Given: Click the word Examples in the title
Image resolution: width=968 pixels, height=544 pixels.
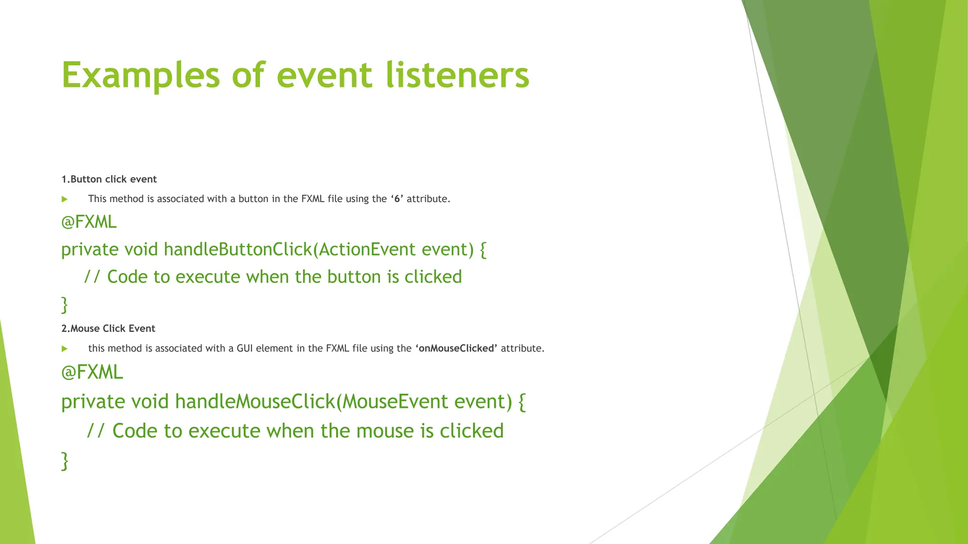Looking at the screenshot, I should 140,76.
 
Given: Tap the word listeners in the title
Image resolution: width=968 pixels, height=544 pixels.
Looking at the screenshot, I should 457,76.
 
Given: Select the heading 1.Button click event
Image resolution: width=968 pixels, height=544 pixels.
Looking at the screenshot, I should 109,179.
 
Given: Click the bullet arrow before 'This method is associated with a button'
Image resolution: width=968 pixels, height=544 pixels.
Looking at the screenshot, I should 65,199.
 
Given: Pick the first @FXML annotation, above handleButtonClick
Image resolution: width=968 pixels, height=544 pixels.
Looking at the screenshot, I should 89,222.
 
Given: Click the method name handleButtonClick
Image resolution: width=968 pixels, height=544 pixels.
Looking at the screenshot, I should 238,249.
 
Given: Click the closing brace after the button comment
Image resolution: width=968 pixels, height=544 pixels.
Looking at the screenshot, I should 65,305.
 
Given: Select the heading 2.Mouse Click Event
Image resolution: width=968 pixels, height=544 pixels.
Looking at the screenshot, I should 108,329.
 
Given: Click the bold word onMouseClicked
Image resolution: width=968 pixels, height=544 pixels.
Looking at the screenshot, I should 456,348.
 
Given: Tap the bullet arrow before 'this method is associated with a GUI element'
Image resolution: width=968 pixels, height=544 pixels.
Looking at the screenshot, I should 65,349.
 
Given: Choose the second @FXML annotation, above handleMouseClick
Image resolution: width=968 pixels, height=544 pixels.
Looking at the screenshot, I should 92,372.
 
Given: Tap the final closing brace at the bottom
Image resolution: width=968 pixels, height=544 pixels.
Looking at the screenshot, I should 65,460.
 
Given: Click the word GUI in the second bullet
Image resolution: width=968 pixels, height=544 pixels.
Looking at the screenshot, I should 245,348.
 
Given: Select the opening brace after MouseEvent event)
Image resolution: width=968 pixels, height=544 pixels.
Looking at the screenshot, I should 522,402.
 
